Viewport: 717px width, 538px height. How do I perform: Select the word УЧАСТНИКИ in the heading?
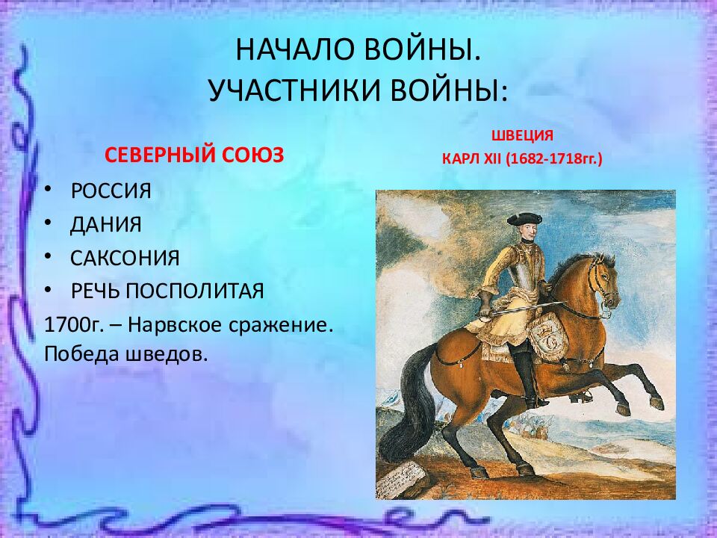[294, 90]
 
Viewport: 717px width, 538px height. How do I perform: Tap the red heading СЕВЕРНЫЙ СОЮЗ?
[194, 155]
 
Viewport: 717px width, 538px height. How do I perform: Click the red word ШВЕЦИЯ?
[522, 135]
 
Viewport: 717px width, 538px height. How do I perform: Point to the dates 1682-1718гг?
[554, 158]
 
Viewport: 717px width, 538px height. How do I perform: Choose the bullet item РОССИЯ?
[111, 191]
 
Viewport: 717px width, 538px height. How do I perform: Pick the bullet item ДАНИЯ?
[106, 225]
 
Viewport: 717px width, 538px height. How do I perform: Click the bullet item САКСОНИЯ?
[125, 258]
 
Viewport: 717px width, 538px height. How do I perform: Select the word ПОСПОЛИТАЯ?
[195, 291]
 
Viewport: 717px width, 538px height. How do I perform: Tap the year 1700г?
[74, 325]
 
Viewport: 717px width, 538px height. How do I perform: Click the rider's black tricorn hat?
[524, 218]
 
